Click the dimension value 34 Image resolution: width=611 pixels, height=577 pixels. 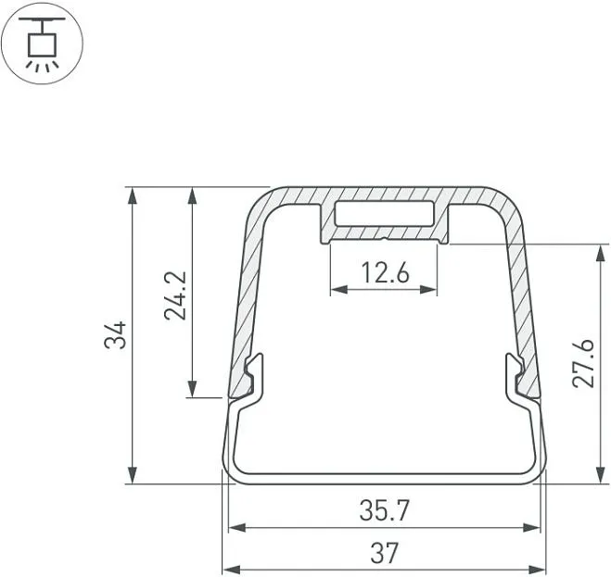[116, 335]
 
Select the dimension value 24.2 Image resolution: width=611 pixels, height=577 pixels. [175, 295]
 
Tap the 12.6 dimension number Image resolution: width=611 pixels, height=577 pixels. [386, 272]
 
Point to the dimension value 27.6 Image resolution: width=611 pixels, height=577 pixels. [583, 364]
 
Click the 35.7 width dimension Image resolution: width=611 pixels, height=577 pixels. [385, 510]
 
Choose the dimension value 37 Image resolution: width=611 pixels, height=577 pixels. [385, 553]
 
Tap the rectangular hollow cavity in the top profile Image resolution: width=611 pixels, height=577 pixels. [385, 213]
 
